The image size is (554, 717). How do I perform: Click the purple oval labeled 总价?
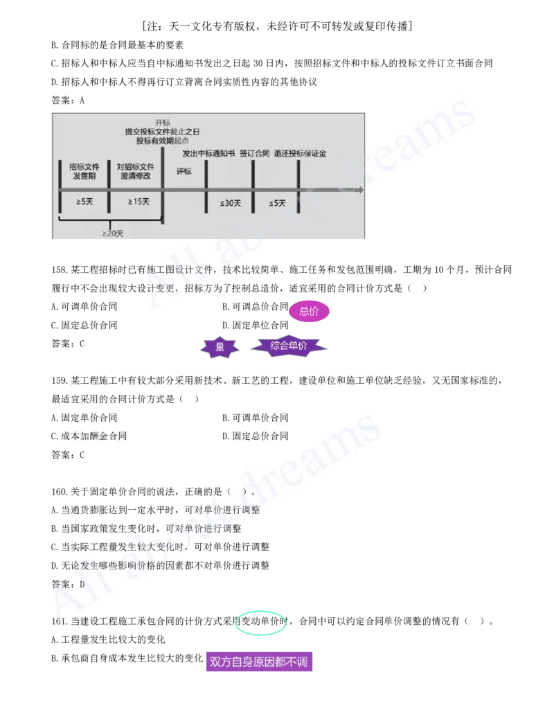[309, 311]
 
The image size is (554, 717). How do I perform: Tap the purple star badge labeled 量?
[220, 347]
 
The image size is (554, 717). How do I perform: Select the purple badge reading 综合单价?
[289, 346]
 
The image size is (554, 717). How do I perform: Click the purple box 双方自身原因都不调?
[259, 661]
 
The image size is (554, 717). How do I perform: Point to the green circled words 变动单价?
[260, 622]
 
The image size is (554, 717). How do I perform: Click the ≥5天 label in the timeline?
[84, 202]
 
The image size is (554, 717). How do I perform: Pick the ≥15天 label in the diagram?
[138, 202]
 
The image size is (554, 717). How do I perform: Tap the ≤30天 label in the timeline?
[230, 203]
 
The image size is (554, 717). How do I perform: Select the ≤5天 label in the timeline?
[277, 203]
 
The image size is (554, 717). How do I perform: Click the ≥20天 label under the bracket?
[112, 233]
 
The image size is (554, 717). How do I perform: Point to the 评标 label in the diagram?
[184, 171]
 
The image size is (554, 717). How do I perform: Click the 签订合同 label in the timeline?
[255, 153]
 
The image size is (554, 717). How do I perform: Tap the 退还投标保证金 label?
[300, 153]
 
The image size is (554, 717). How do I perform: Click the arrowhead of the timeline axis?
[361, 189]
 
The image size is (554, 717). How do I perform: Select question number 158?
[60, 269]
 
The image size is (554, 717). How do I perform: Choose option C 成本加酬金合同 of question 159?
[89, 436]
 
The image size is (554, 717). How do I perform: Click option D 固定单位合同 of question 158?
[255, 325]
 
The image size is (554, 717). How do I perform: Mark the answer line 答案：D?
[68, 584]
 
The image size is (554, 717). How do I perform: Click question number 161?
[60, 621]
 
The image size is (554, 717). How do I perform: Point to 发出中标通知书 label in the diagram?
[208, 153]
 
